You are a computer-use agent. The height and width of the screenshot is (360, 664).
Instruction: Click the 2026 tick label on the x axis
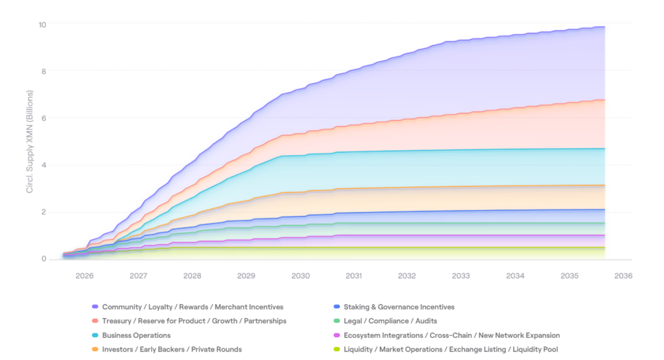tap(84, 276)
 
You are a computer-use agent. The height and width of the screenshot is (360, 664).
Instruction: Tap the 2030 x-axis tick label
tap(300, 276)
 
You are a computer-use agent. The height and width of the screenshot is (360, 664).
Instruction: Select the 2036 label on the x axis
tap(623, 276)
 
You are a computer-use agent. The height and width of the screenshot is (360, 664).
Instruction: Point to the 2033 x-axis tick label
tap(461, 276)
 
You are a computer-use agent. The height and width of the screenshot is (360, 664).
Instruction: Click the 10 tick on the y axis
tap(42, 25)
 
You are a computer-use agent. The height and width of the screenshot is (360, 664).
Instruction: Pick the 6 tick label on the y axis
tap(43, 118)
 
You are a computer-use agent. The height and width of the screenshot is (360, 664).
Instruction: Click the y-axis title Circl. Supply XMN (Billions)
tap(29, 143)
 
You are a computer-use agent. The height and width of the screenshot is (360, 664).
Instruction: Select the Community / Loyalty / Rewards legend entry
tap(193, 307)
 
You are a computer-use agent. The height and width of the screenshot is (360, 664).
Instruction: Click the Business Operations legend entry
tap(136, 335)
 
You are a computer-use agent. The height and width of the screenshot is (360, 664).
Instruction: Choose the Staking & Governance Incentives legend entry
tap(399, 307)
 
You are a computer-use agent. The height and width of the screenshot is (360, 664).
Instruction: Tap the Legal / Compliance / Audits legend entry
tap(390, 321)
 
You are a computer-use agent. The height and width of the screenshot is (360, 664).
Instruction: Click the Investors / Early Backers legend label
tap(172, 350)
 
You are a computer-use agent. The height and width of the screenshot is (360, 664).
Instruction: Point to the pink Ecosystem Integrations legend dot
tap(336, 335)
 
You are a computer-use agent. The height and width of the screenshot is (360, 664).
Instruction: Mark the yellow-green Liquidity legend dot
tap(336, 350)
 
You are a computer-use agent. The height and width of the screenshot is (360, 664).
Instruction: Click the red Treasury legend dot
tap(95, 321)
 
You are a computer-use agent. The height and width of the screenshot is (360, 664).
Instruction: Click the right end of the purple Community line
tap(604, 27)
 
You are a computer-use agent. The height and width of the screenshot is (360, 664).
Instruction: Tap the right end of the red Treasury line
tap(604, 100)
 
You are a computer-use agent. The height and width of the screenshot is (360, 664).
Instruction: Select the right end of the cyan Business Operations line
tap(604, 149)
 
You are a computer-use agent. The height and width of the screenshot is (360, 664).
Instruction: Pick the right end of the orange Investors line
tap(604, 185)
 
